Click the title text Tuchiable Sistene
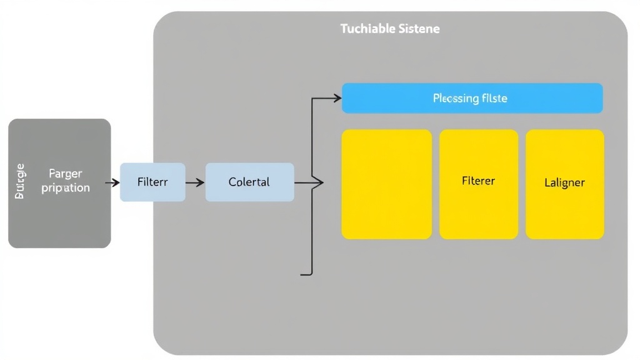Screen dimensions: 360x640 [390, 29]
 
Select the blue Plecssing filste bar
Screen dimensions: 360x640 [472, 98]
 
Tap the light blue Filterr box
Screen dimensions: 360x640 [152, 182]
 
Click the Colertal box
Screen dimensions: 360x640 [249, 182]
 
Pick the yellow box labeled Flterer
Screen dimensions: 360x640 [478, 184]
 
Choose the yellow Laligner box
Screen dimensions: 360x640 [564, 184]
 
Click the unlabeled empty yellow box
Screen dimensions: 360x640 [386, 184]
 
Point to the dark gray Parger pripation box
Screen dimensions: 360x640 [59, 183]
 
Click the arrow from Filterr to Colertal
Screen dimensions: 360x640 [195, 182]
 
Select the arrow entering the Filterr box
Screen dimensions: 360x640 [112, 182]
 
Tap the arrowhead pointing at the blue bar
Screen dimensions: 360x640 [337, 98]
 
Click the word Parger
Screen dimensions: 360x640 [66, 174]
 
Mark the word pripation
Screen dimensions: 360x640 [66, 187]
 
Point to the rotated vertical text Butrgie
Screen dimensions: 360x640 [20, 181]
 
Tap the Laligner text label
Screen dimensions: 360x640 [564, 183]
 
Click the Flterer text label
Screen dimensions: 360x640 [478, 181]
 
